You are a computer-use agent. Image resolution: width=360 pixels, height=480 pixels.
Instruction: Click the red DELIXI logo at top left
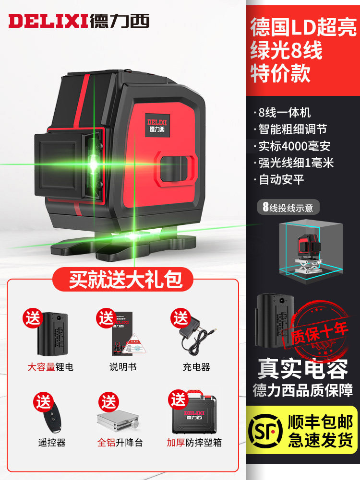click(x=48, y=21)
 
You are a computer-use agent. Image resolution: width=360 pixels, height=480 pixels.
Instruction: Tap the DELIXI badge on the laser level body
click(x=157, y=125)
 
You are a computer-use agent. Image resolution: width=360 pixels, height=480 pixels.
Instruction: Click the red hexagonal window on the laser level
click(x=175, y=168)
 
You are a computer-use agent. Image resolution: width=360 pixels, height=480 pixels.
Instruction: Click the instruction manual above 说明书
click(x=126, y=334)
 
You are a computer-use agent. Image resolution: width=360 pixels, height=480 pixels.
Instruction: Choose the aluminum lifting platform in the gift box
click(x=118, y=421)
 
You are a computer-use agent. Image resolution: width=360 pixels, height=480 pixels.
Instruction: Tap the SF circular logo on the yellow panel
click(x=265, y=431)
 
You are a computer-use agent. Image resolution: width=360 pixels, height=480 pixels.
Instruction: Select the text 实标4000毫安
click(x=294, y=146)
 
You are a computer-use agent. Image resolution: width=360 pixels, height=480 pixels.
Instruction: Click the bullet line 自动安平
click(x=282, y=179)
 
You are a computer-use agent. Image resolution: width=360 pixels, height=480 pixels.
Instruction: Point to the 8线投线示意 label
click(x=288, y=207)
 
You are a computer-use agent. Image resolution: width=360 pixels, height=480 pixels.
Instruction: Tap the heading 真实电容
click(x=303, y=369)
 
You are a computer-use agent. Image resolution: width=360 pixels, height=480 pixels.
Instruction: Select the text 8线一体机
click(x=285, y=112)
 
